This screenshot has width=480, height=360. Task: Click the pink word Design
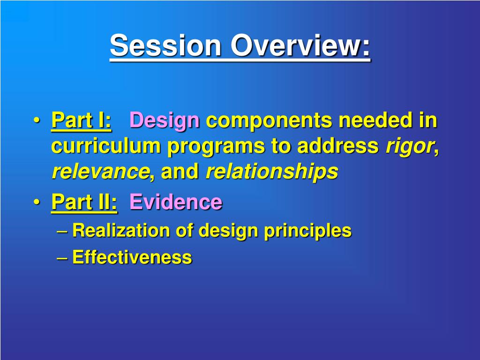(165, 121)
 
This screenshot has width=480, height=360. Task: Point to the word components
(269, 121)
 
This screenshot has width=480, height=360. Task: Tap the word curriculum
(106, 146)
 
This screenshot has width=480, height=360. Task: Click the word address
(338, 146)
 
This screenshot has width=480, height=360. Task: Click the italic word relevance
(101, 172)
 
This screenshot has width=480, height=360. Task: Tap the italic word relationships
(272, 172)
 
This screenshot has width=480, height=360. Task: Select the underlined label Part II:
(84, 202)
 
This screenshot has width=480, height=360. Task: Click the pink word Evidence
(176, 202)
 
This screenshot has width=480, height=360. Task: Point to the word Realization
(121, 230)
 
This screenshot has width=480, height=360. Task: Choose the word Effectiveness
(132, 257)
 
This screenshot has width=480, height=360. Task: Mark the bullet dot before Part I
(37, 120)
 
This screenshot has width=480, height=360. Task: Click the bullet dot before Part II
(37, 202)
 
